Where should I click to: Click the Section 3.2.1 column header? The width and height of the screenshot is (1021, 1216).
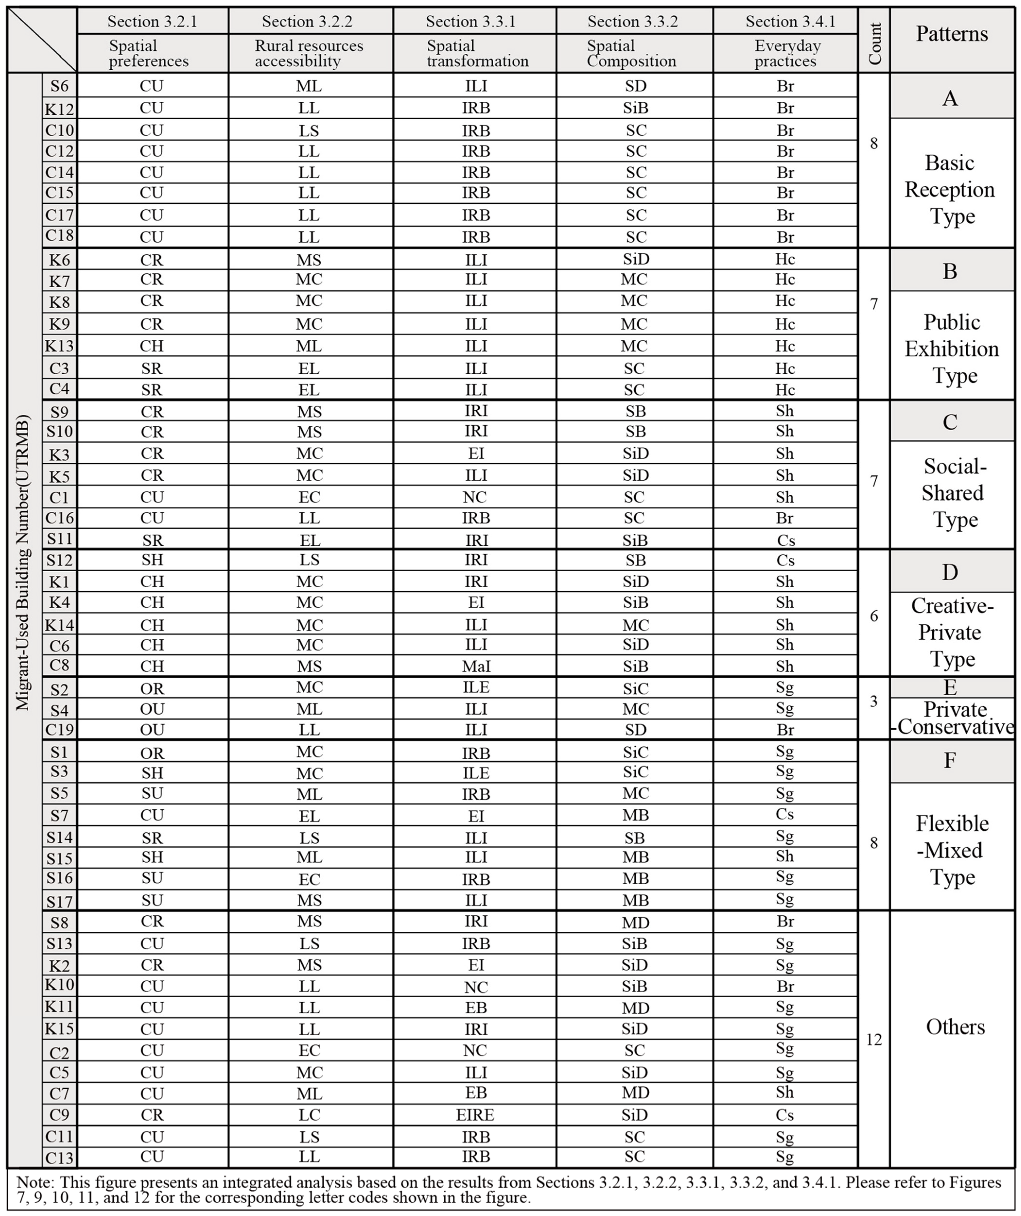pos(152,21)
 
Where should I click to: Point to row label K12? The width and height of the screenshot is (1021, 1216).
pos(60,108)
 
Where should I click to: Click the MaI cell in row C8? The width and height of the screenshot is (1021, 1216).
pos(476,666)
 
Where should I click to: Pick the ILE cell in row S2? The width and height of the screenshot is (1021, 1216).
pos(476,687)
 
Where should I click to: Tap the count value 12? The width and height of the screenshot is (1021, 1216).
pos(874,1039)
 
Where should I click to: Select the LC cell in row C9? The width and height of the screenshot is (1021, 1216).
pos(309,1115)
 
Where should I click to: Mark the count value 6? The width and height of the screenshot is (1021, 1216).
pos(874,615)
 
